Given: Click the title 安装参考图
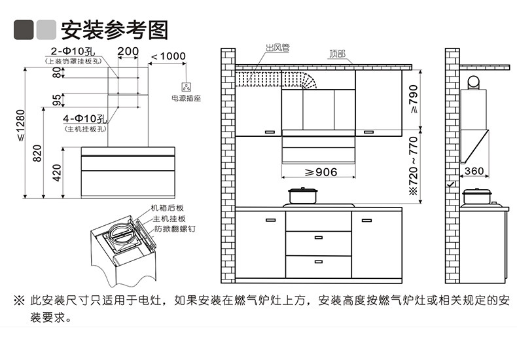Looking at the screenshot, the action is pos(115,29).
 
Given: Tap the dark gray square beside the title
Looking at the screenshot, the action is pos(24,29).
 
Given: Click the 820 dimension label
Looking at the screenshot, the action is pos(37,153).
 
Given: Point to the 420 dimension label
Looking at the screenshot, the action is pos(57,173).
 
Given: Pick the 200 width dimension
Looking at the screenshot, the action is pos(128,52).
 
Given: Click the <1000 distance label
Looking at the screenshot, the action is pos(168,56).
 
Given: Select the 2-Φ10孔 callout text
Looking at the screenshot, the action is pos(72,52).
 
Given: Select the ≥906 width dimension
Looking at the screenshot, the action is pos(321,172).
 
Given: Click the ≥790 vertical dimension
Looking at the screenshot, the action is pos(412,100).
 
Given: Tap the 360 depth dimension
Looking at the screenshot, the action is pos(473,171).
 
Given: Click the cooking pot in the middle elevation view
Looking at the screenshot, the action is pos(302,196).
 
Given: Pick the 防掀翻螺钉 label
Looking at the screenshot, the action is pos(175,229).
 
